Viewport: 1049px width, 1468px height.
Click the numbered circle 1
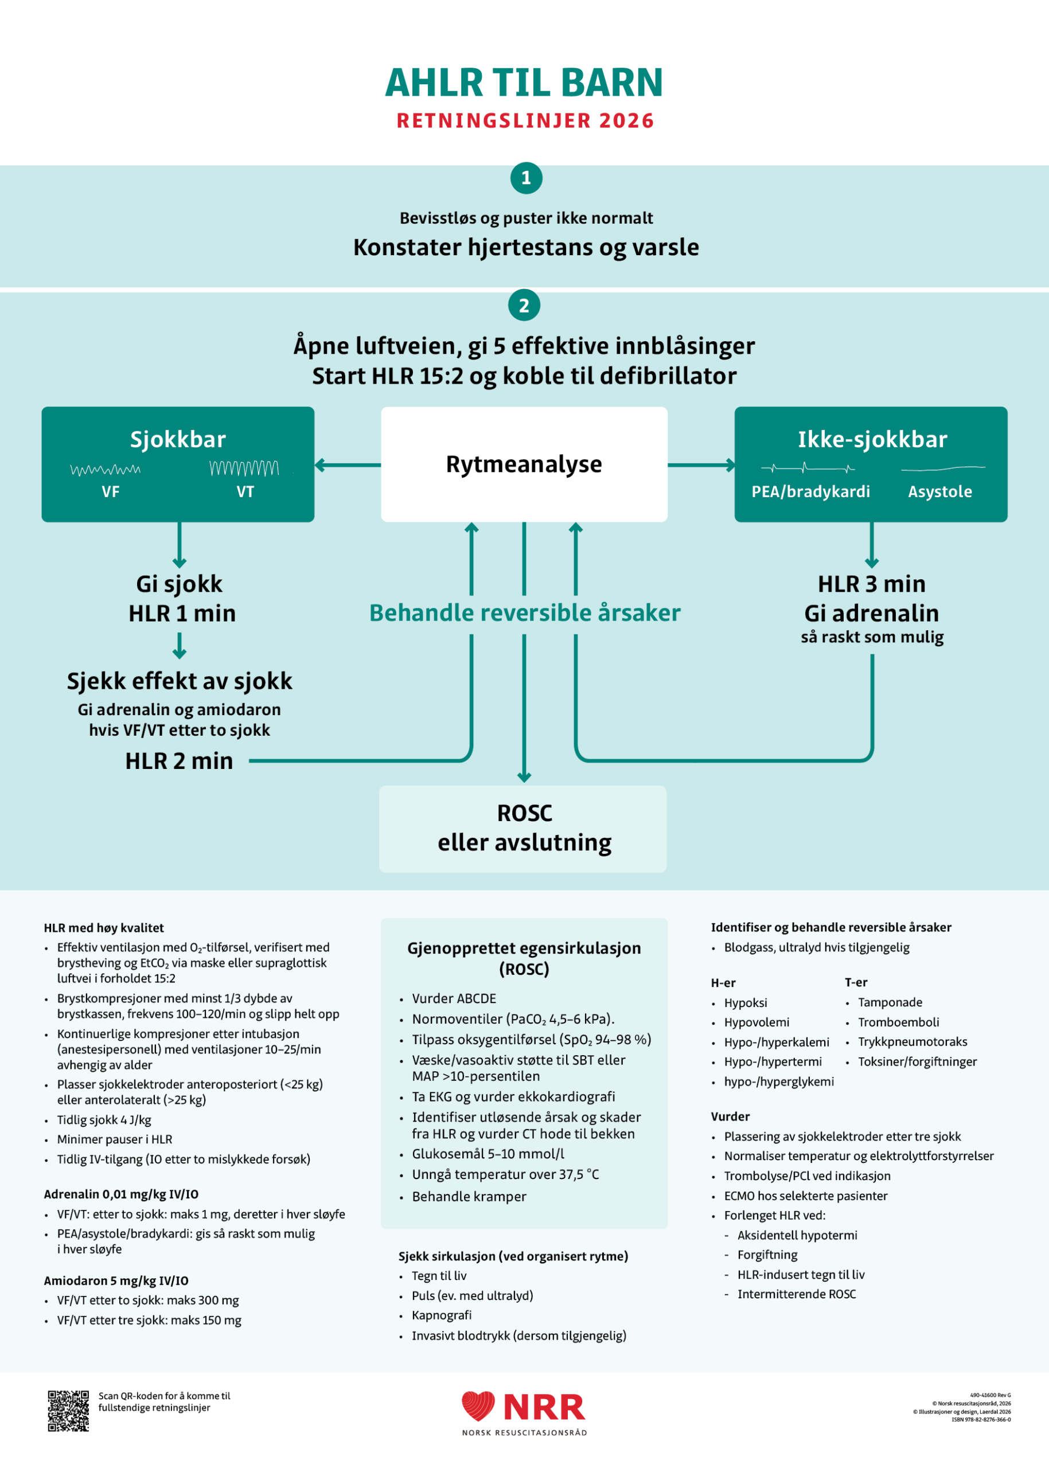(x=526, y=178)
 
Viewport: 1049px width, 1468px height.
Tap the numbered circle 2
(x=524, y=305)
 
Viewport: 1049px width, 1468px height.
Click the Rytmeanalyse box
(x=524, y=464)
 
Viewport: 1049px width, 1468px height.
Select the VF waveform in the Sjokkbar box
(x=106, y=470)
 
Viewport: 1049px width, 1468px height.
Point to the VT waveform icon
(x=244, y=467)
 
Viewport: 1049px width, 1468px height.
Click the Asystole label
(x=940, y=491)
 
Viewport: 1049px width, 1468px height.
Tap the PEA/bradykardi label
(x=810, y=491)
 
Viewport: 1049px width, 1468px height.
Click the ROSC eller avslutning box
(x=522, y=829)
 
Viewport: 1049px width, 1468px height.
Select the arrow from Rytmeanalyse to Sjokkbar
(x=348, y=464)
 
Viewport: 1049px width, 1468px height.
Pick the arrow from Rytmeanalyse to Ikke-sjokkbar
(x=701, y=464)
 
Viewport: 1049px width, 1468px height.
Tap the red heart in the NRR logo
(x=478, y=1406)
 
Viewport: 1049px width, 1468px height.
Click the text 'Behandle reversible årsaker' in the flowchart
(x=524, y=612)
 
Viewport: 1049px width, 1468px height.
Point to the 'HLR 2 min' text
(x=179, y=761)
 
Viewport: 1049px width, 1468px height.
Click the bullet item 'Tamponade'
(x=890, y=1002)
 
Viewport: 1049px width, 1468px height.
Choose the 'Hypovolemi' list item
(x=756, y=1022)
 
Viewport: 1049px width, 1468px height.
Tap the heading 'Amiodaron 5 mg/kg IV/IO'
(x=116, y=1280)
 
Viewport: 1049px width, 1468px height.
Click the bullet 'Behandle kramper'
(x=469, y=1197)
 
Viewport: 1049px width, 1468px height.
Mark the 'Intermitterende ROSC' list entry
(x=797, y=1294)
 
